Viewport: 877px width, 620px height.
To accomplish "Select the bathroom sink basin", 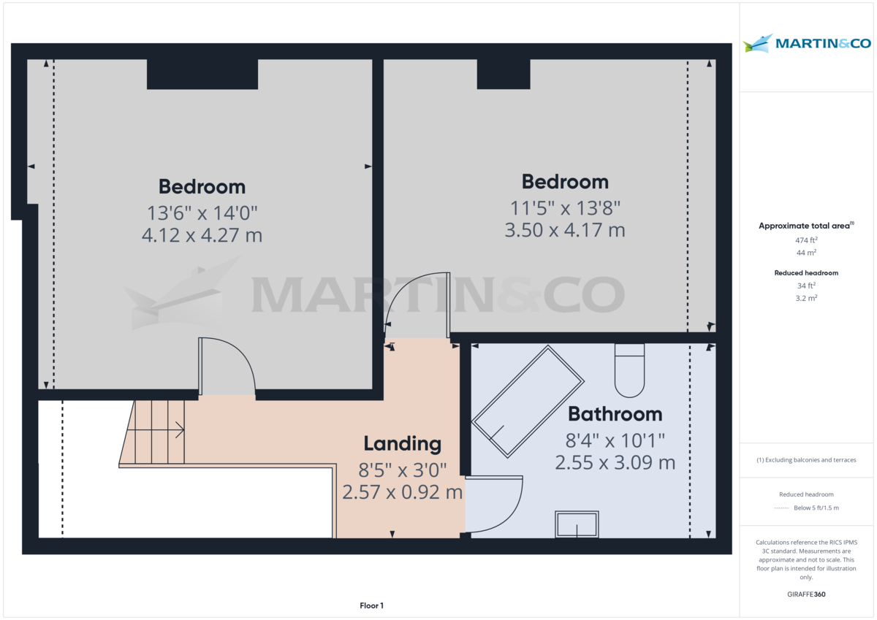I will tap(577, 524).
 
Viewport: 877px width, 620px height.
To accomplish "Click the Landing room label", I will tap(402, 443).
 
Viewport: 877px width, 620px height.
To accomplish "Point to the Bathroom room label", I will tap(615, 414).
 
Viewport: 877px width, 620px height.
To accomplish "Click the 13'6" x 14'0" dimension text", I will tap(202, 213).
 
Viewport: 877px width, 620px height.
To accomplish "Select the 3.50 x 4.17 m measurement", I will tap(565, 230).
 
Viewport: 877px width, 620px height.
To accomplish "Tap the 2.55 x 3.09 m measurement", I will tap(615, 462).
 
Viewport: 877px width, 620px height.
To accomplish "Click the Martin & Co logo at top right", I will tap(807, 43).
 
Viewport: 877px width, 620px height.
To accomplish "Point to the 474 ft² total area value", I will tap(805, 240).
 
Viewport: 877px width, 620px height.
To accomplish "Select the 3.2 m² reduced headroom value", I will tap(805, 298).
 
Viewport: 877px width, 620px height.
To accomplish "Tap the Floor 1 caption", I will tap(371, 605).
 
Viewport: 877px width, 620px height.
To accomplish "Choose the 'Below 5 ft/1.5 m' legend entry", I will tap(816, 508).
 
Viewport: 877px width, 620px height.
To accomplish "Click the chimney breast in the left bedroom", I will tap(202, 74).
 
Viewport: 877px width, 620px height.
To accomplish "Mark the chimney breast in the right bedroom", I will tap(504, 74).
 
